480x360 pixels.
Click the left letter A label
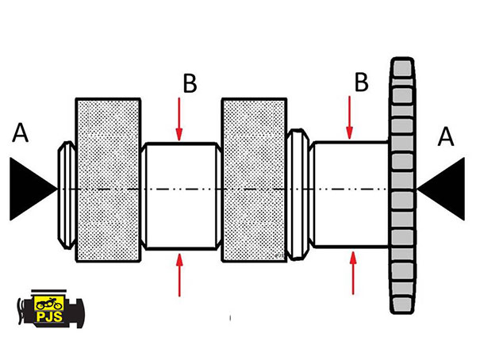tap(20, 132)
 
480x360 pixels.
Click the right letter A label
tap(446, 136)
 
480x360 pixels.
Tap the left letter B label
tap(190, 83)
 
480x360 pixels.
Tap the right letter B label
tap(361, 82)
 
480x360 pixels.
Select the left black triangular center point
tap(31, 189)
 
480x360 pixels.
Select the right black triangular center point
tap(444, 189)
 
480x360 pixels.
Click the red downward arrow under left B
tap(179, 119)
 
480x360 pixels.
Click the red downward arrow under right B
tap(350, 118)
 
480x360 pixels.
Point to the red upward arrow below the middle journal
tap(179, 275)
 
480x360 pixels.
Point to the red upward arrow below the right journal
tap(353, 273)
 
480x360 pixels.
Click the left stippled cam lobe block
tap(108, 180)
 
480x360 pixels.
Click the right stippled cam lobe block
tap(254, 180)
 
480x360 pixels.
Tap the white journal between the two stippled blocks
tap(181, 196)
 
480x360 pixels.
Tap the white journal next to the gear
tap(351, 194)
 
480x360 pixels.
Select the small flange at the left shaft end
tap(67, 195)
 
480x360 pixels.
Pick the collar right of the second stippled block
tap(298, 194)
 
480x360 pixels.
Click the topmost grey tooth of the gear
tap(402, 68)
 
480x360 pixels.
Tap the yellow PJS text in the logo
tap(49, 316)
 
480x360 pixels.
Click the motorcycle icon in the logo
tap(49, 304)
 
